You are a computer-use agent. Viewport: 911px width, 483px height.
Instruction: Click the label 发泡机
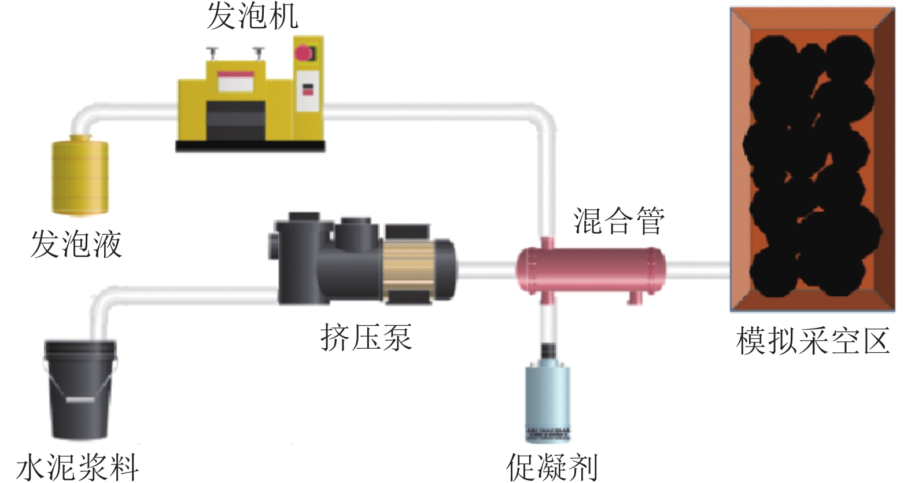tap(252, 16)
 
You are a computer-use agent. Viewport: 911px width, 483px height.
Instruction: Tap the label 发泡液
tap(76, 244)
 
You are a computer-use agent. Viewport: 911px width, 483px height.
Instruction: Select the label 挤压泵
tap(366, 337)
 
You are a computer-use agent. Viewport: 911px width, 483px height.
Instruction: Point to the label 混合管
tap(619, 220)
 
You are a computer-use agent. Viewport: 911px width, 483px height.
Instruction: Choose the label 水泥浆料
tap(78, 466)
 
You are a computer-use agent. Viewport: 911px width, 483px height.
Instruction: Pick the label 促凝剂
tap(552, 466)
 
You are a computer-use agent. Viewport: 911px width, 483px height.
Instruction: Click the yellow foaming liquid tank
tap(80, 175)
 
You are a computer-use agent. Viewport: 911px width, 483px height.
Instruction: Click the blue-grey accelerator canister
tap(547, 399)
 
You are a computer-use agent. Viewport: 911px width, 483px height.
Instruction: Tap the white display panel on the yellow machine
tap(236, 82)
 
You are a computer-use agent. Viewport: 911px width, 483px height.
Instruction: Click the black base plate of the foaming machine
tap(250, 146)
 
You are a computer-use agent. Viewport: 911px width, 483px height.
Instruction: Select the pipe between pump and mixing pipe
tap(485, 270)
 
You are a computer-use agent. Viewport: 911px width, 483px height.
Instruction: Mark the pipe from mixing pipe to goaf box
tap(697, 270)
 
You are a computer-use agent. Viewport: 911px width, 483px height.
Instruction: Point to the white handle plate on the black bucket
tap(80, 399)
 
